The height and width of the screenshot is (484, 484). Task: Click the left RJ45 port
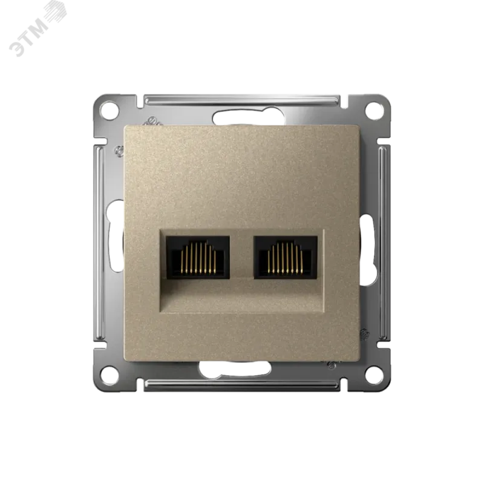[198, 257]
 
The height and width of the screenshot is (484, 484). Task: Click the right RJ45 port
[286, 257]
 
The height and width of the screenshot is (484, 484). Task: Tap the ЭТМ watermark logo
[36, 28]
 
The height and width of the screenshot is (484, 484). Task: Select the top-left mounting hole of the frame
[111, 110]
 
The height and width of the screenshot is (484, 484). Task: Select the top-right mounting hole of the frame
[374, 110]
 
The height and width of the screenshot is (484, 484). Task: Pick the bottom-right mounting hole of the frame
[374, 374]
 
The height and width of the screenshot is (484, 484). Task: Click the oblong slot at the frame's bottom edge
[235, 368]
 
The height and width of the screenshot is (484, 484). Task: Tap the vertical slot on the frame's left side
[115, 236]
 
